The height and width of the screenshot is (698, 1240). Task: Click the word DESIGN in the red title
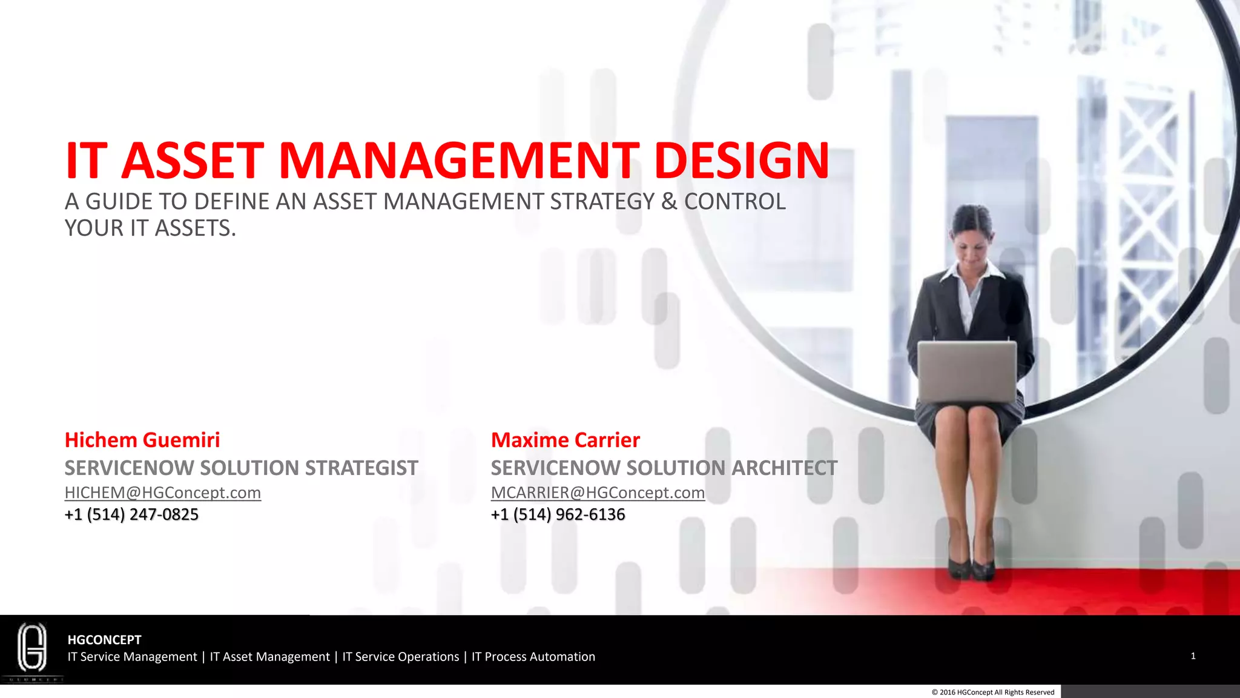coord(741,161)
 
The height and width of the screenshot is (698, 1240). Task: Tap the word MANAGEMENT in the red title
coord(458,161)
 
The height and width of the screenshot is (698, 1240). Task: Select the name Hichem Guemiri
coord(142,440)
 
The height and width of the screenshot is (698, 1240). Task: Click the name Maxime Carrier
coord(565,440)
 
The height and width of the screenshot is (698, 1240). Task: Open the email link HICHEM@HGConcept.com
coord(162,493)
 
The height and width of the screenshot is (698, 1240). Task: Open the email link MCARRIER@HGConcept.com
coord(598,493)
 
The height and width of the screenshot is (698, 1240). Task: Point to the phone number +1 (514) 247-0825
coord(131,514)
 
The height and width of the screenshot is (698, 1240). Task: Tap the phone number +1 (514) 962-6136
coord(558,514)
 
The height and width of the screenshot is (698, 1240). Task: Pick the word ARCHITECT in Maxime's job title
coord(784,468)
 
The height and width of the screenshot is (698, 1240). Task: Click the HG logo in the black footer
coord(32,648)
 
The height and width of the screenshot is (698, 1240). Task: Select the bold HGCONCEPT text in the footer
coord(104,640)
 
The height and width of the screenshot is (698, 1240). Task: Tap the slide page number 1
coord(1193,656)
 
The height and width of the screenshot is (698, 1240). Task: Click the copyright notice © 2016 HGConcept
coord(993,692)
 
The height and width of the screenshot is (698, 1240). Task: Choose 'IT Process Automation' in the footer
coord(533,657)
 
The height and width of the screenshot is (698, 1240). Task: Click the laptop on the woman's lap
coord(966,371)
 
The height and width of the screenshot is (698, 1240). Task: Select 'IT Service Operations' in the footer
coord(401,657)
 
